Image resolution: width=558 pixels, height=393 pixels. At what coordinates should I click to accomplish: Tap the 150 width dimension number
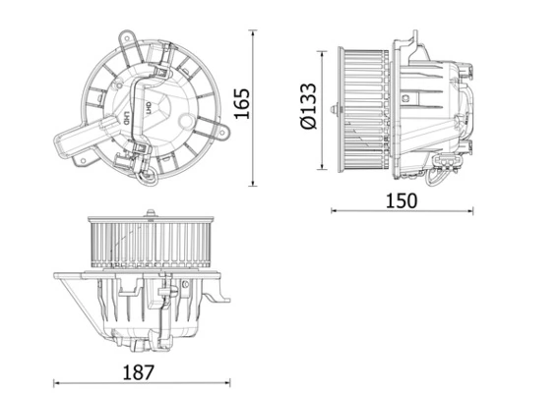[401, 200]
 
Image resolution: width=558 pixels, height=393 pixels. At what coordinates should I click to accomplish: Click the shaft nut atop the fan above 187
[150, 211]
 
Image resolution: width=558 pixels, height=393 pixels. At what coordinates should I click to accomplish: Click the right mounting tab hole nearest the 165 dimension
[210, 125]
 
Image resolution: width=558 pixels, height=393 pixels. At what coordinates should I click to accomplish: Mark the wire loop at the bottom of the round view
[147, 177]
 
